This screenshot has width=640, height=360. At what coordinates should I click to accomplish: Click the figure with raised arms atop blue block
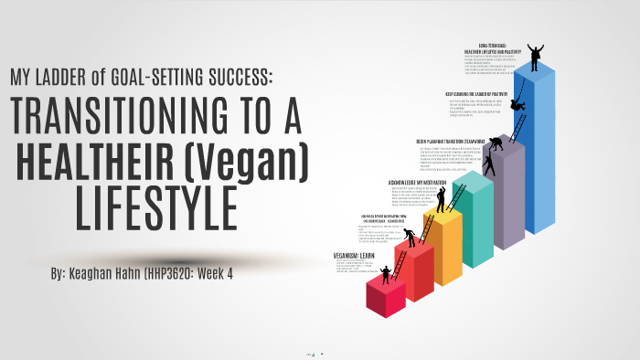(536, 55)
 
